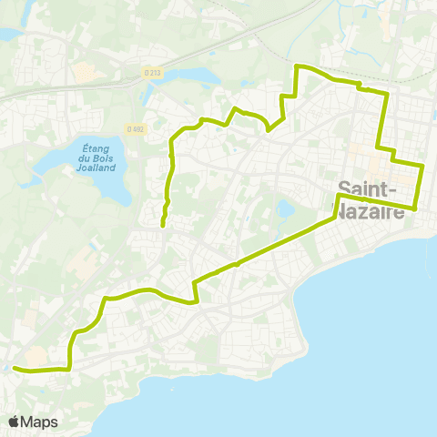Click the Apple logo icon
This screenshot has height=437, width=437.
click(15, 422)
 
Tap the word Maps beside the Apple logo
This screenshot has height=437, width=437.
click(40, 422)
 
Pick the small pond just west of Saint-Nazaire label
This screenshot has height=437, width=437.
click(287, 209)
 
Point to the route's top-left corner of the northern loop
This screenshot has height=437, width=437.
click(298, 66)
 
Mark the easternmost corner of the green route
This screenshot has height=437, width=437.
click(424, 167)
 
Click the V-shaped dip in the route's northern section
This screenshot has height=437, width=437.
click(268, 130)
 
